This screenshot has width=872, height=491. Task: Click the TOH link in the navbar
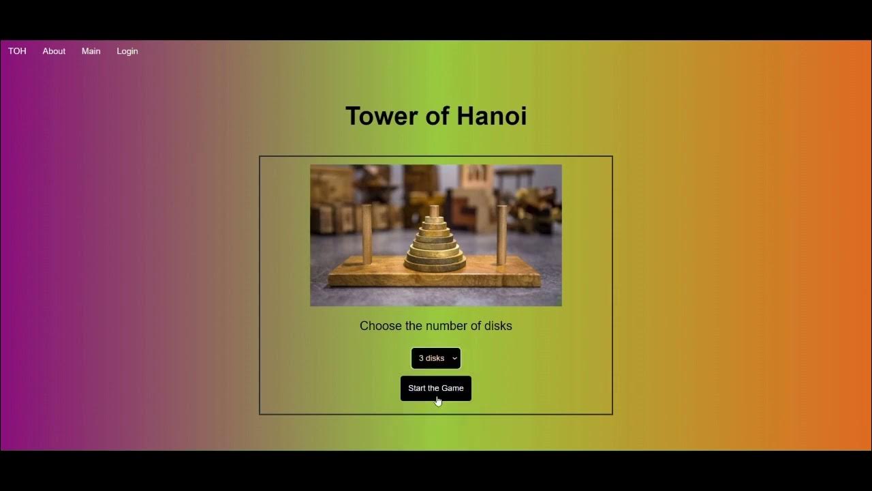click(x=17, y=51)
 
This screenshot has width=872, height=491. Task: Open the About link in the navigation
click(x=54, y=51)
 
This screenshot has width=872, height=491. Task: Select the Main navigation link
click(x=91, y=51)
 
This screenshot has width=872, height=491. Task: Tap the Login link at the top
click(x=127, y=51)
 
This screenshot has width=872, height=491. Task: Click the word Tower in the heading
click(x=381, y=116)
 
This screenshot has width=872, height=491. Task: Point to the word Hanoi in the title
click(x=492, y=116)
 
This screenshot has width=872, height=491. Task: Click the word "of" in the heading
click(x=437, y=116)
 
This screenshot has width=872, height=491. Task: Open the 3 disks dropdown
click(x=432, y=358)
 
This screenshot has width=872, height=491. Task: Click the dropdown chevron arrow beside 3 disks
click(x=454, y=358)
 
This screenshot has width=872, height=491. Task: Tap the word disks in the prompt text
click(x=497, y=326)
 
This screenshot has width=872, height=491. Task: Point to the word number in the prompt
click(x=446, y=326)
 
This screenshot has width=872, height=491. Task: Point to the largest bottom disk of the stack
click(x=435, y=265)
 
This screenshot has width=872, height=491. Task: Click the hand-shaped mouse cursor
click(x=438, y=401)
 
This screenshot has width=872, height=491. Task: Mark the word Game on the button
click(x=452, y=388)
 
